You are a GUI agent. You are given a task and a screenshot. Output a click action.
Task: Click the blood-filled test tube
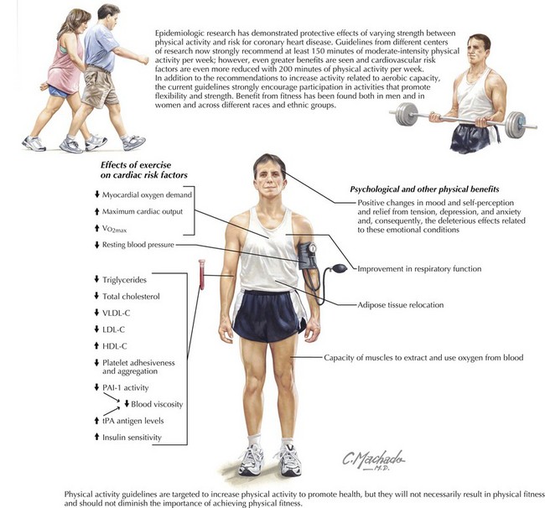point(201,274)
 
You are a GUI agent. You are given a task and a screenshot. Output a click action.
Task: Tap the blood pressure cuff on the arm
point(308,257)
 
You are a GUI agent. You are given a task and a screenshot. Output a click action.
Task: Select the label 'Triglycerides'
point(124,280)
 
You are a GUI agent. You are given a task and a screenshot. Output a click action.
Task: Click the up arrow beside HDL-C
point(96,345)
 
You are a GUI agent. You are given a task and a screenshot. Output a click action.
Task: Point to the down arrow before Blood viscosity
point(127,404)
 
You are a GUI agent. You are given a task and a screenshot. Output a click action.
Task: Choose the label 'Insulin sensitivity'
point(132,438)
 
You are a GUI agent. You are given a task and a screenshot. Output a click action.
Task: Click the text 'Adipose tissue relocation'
point(401,305)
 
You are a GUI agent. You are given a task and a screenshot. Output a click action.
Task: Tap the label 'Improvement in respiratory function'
point(419,269)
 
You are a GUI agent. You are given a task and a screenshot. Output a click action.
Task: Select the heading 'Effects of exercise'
point(136,165)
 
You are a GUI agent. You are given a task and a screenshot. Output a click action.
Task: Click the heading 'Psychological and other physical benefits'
point(424,189)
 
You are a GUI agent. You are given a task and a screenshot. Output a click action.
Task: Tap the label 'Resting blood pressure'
point(138,245)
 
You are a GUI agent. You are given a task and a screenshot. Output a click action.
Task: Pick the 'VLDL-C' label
point(116,313)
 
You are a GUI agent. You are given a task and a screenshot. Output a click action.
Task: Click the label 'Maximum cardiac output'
point(143,211)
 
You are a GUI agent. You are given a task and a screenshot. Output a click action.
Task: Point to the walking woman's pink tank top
point(65,65)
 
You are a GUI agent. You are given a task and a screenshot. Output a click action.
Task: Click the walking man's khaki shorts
point(100,86)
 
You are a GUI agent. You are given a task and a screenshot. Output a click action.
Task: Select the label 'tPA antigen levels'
point(132,421)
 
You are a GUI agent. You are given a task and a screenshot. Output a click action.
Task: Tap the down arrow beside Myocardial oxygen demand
point(97,194)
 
